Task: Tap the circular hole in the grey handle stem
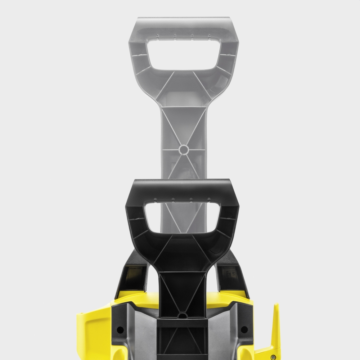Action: (183, 149)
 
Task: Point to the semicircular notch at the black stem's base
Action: (183, 315)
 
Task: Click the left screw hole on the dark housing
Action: (120, 329)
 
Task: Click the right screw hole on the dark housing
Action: (244, 329)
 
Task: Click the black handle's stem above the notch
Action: (183, 288)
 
